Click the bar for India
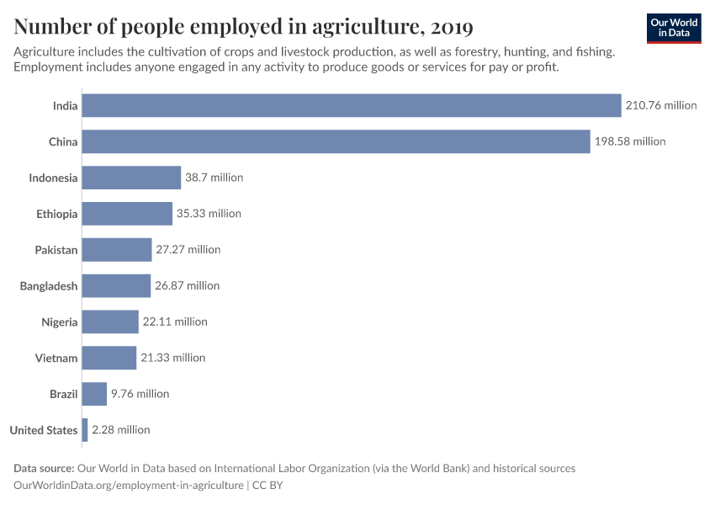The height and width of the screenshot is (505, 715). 352,105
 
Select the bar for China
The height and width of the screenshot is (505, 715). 336,141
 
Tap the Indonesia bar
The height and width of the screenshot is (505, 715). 132,178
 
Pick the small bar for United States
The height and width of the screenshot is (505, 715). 85,429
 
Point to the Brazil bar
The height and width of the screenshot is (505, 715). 95,393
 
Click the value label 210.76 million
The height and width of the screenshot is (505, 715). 661,105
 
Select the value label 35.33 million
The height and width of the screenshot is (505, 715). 209,214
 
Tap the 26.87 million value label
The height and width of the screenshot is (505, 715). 187,285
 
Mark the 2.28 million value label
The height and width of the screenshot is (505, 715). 121,429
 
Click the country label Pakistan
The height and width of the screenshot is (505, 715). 56,250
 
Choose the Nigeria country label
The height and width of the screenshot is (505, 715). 60,322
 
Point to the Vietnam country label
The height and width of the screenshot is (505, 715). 56,358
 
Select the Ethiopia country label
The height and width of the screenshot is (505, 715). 57,214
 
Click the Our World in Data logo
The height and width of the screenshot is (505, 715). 674,28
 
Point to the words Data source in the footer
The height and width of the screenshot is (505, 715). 44,468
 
